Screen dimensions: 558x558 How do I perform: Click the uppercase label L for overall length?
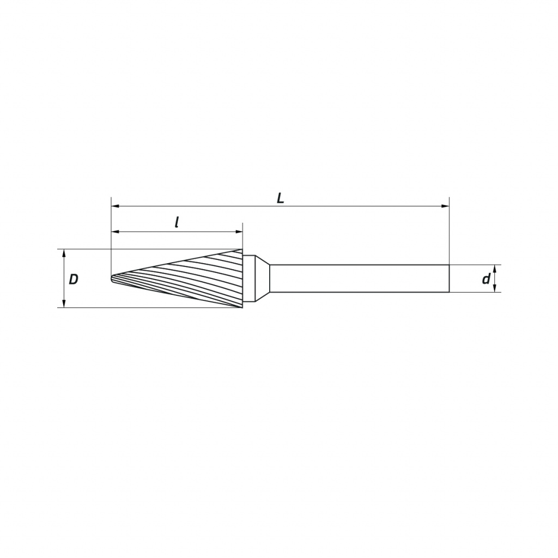click(x=281, y=198)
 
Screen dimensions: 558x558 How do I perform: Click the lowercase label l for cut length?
click(x=177, y=222)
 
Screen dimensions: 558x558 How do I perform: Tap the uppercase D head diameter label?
click(x=74, y=280)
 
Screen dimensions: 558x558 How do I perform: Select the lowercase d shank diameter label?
click(x=486, y=279)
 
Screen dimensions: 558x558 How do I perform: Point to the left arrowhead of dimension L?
click(x=116, y=206)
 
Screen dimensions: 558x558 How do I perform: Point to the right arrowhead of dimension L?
click(x=445, y=206)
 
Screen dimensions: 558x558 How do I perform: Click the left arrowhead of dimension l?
click(x=116, y=232)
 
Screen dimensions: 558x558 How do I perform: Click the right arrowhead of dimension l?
click(x=239, y=232)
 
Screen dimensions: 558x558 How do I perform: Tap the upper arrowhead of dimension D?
click(x=64, y=253)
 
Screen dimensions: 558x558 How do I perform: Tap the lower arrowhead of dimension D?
click(x=64, y=303)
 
